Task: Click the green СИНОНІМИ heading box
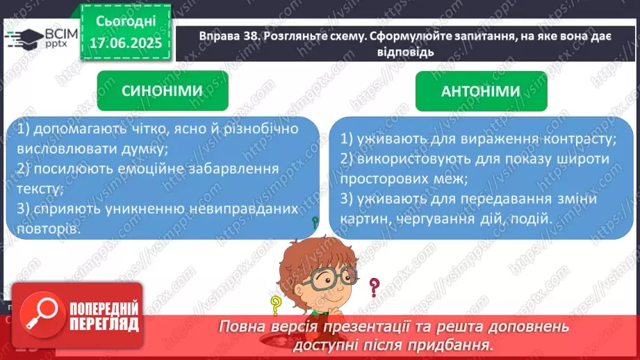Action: (162, 91)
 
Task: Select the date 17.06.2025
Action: (126, 44)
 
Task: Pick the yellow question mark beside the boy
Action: (277, 304)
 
